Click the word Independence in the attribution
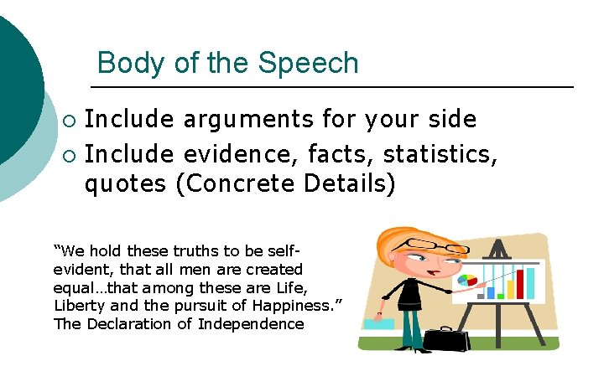point(251,323)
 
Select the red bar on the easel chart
point(520,283)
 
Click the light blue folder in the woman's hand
point(379,322)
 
